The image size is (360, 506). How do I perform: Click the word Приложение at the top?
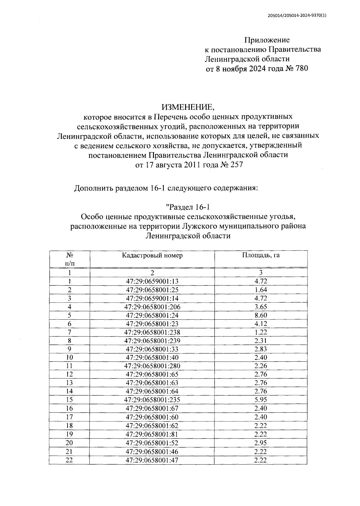(267, 40)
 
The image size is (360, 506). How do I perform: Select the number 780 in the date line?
(301, 69)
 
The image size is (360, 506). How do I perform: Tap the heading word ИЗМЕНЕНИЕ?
(188, 107)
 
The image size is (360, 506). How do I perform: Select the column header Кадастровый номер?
(152, 255)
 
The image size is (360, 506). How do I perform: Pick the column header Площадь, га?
(261, 255)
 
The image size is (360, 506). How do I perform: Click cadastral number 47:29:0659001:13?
(152, 281)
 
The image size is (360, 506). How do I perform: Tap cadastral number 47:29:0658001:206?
(152, 307)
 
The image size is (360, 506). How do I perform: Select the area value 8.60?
(260, 315)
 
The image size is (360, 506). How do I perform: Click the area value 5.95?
(260, 400)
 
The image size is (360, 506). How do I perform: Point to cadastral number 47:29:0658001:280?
(152, 366)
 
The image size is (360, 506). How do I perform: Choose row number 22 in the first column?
(69, 460)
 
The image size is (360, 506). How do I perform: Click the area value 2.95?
(260, 443)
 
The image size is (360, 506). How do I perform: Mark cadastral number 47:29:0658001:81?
(152, 434)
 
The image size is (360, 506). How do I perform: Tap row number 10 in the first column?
(69, 357)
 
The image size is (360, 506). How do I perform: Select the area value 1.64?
(260, 290)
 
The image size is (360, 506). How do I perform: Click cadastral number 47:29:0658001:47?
(152, 460)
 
